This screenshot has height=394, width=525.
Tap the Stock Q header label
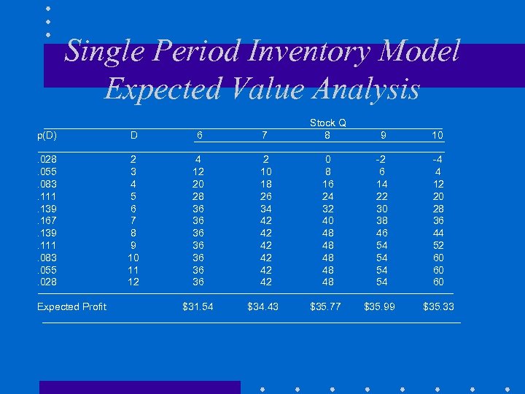(x=327, y=123)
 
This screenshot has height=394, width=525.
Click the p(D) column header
(x=47, y=136)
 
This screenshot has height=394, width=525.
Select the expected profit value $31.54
(x=198, y=306)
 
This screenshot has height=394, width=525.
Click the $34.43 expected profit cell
(x=262, y=306)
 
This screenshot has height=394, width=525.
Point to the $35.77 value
(x=325, y=306)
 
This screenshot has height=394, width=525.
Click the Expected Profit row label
(x=71, y=306)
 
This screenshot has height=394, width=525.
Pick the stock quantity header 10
(x=437, y=136)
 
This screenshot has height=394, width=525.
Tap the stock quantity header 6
(x=199, y=136)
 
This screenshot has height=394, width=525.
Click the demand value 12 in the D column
(x=133, y=282)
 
